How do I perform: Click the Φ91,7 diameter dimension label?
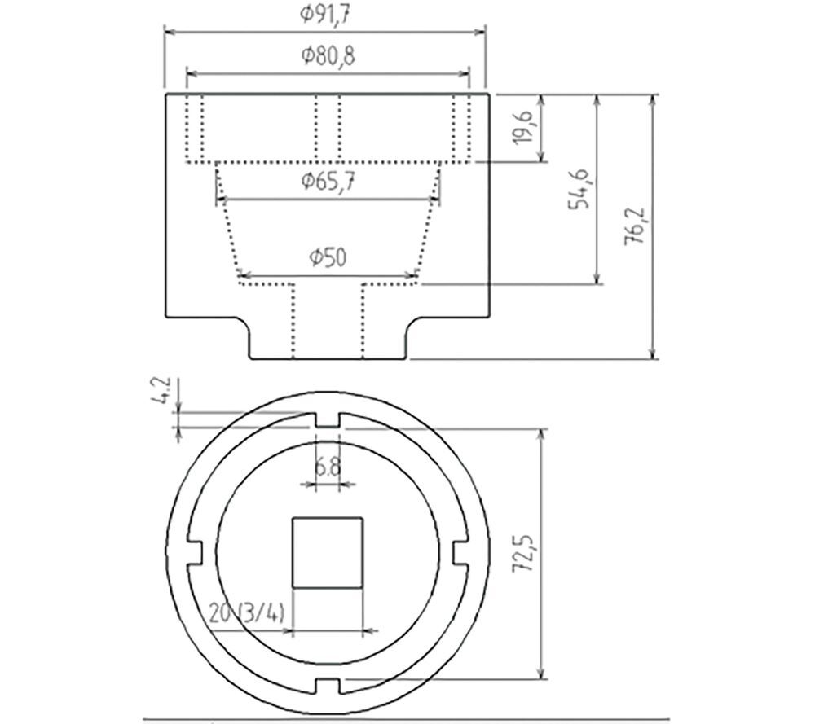[325, 14]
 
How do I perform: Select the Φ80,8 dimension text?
[328, 55]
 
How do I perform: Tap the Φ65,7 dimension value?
[328, 182]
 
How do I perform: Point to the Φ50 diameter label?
[328, 257]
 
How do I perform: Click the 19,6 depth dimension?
[526, 127]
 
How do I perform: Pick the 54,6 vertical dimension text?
[579, 189]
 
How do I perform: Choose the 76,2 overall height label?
[635, 227]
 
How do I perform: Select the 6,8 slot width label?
[328, 467]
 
